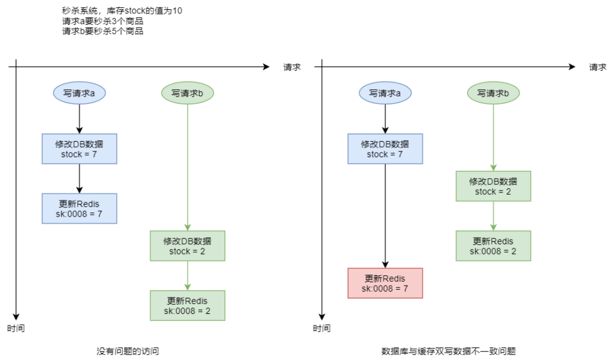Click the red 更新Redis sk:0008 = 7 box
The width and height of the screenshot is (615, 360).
click(385, 283)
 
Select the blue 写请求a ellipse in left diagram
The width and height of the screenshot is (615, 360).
click(79, 93)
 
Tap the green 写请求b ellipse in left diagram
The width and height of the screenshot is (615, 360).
click(188, 93)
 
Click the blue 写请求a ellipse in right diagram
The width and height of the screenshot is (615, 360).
click(385, 93)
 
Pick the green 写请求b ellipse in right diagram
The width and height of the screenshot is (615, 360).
click(493, 93)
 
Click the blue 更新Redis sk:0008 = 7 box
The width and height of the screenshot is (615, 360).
click(79, 209)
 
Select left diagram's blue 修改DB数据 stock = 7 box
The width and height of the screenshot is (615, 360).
click(79, 149)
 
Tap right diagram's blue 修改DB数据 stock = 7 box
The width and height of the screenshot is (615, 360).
click(385, 149)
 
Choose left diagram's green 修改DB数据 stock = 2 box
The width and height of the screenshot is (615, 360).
click(188, 246)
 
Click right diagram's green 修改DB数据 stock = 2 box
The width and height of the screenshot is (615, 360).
click(493, 186)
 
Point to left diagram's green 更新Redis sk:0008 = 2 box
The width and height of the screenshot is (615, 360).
click(188, 305)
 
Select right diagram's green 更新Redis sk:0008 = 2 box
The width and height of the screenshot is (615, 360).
click(493, 246)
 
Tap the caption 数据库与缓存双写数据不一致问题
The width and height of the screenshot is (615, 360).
click(445, 351)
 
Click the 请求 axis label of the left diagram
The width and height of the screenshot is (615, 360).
click(292, 67)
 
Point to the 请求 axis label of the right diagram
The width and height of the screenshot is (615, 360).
click(598, 67)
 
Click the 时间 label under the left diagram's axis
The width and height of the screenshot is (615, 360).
click(16, 328)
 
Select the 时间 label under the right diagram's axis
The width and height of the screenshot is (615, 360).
click(322, 328)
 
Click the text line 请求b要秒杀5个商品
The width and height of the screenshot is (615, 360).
click(102, 31)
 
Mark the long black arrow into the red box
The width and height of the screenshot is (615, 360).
click(385, 219)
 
